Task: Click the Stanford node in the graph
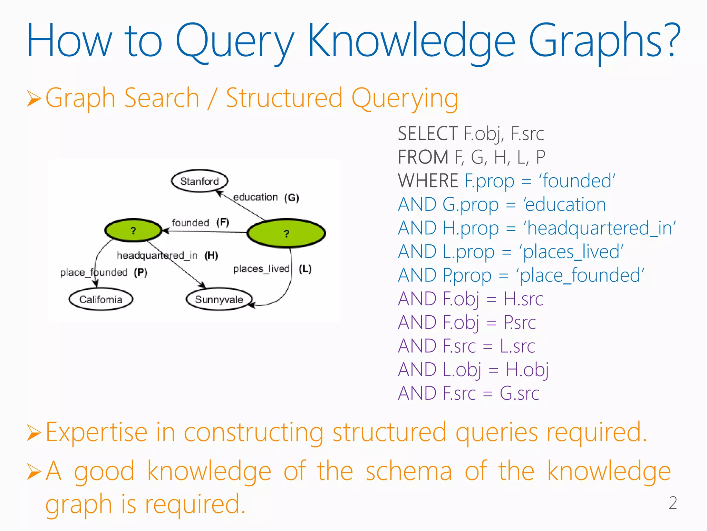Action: click(x=200, y=181)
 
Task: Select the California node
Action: click(x=101, y=299)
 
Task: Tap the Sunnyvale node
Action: click(x=219, y=299)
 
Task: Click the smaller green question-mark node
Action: click(x=133, y=231)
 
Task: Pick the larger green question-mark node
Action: click(x=286, y=233)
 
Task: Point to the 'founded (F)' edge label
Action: click(x=200, y=222)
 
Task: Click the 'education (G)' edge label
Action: click(x=266, y=197)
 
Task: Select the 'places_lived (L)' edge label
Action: click(x=272, y=269)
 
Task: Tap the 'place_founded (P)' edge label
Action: click(x=104, y=272)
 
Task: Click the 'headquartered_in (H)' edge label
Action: click(x=167, y=255)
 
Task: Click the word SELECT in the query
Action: click(x=428, y=134)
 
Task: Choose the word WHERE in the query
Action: click(x=428, y=181)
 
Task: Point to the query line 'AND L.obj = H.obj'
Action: click(x=473, y=370)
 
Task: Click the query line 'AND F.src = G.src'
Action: click(x=468, y=393)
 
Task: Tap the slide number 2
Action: click(x=672, y=503)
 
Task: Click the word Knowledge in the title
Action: click(x=411, y=41)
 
